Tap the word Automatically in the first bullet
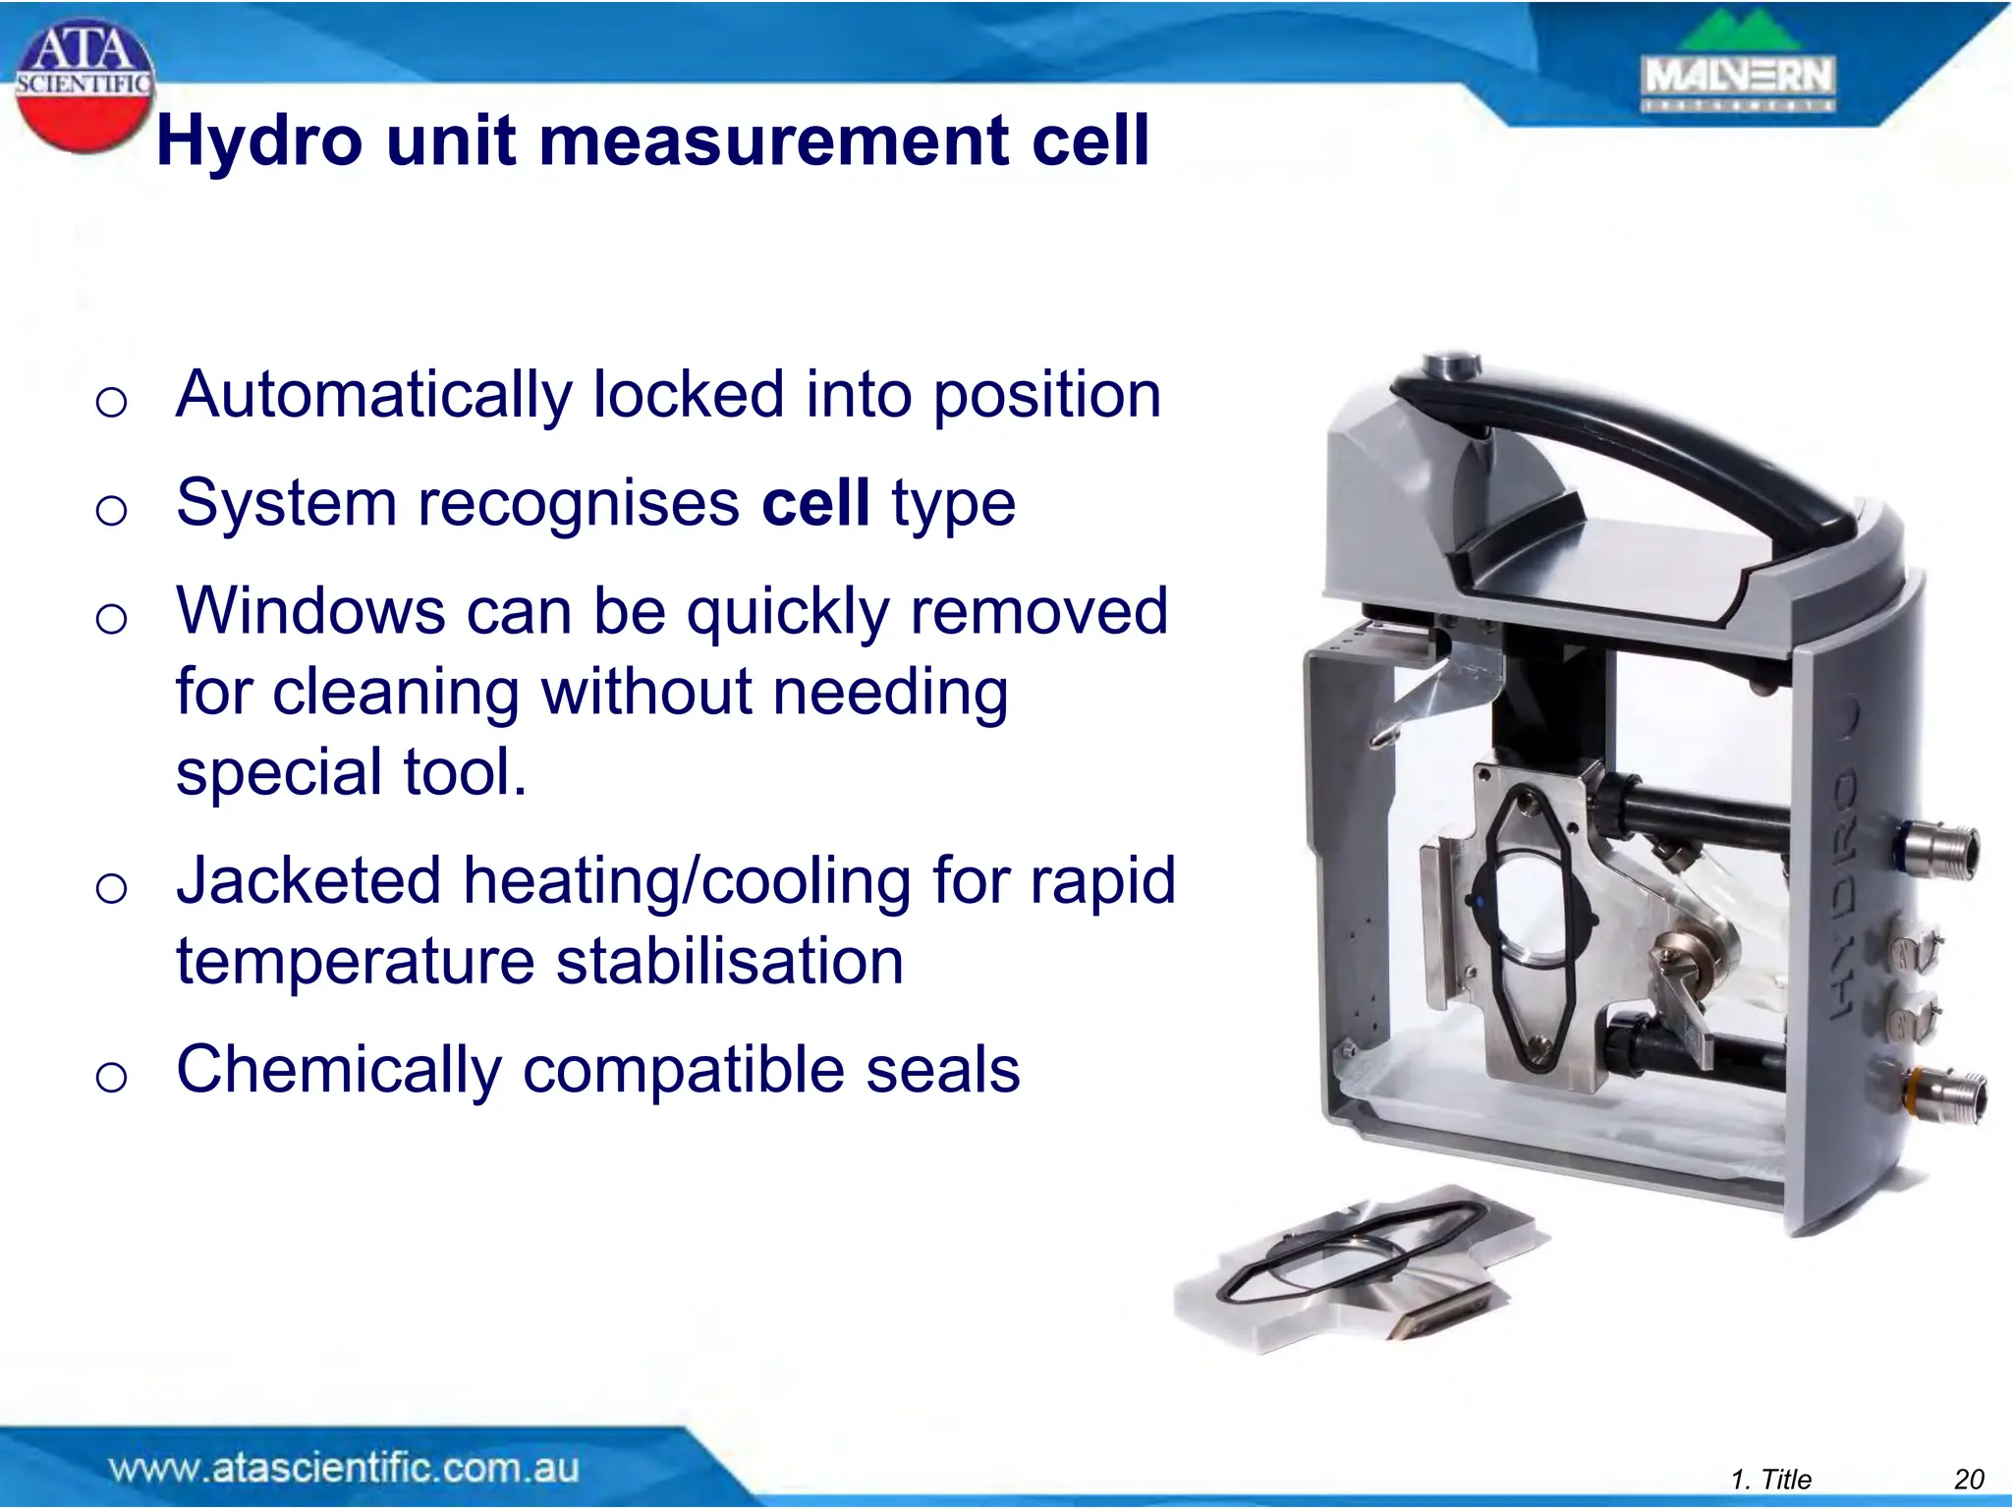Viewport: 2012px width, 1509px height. [x=373, y=395]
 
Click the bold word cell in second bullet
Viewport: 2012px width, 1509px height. [x=815, y=503]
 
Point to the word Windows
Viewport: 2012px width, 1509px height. [x=310, y=611]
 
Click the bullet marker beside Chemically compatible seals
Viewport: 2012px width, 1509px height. [x=111, y=1078]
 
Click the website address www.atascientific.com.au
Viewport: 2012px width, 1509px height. [x=344, y=1469]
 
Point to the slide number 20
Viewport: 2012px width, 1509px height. [x=1969, y=1480]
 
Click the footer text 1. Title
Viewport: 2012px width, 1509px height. [x=1770, y=1480]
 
